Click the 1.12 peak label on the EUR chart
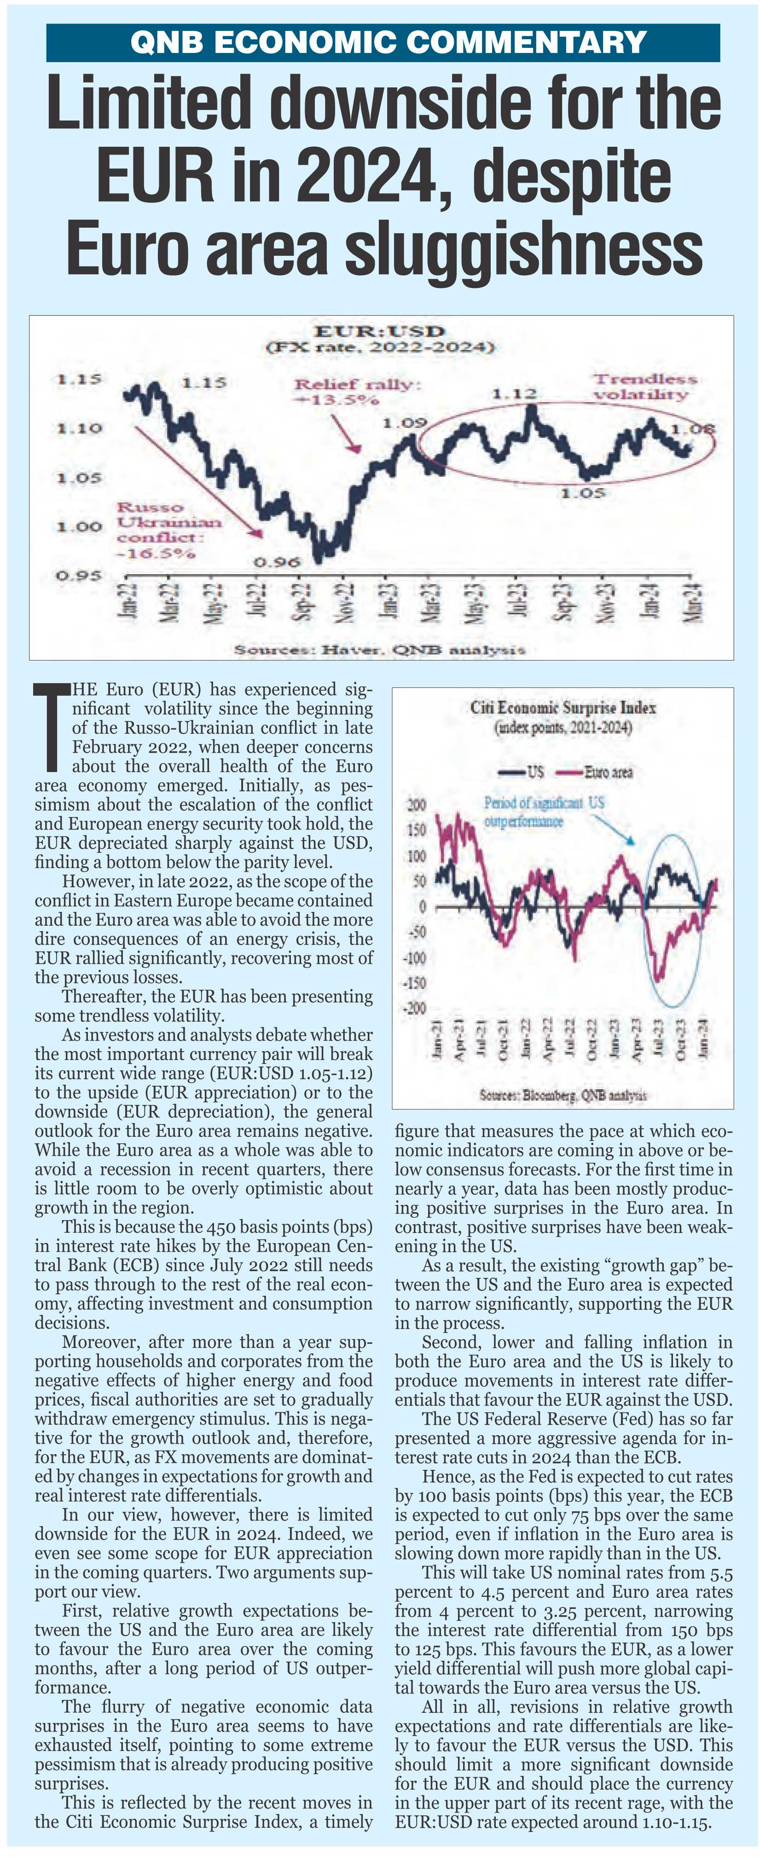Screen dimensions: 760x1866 coord(514,394)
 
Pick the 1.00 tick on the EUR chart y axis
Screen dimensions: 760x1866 coord(80,526)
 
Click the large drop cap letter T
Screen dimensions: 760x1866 coord(52,726)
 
